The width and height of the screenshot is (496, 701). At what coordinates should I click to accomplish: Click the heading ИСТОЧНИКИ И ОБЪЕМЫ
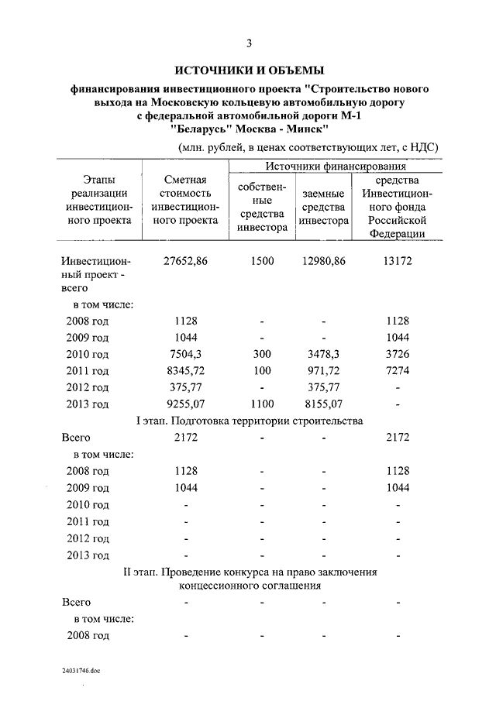[248, 70]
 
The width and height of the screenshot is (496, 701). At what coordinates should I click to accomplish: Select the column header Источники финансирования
[336, 167]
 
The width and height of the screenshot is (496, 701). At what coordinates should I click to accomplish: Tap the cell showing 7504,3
[185, 354]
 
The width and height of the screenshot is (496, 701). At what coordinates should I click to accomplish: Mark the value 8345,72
[185, 370]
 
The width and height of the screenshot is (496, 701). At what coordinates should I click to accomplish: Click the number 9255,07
[185, 404]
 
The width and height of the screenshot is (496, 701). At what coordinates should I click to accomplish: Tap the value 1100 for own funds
[263, 404]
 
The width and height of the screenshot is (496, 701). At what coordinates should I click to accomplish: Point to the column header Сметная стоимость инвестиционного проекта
[185, 201]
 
